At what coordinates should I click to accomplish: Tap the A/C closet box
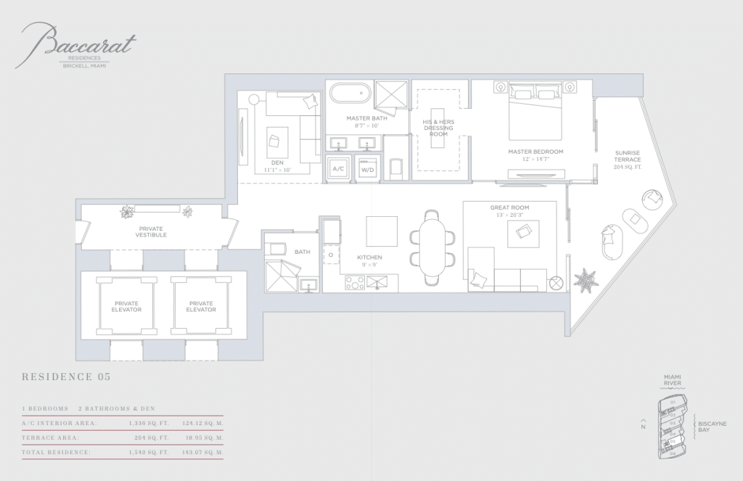tap(338, 168)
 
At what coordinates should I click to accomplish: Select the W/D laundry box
tap(367, 168)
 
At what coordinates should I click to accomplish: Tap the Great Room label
tap(509, 211)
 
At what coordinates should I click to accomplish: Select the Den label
tap(277, 166)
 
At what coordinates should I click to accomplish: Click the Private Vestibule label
tap(151, 231)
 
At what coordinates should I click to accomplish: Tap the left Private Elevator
tap(127, 306)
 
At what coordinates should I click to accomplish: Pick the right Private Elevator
tap(201, 306)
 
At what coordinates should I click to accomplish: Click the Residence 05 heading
tap(67, 377)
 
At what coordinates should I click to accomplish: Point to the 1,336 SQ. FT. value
tap(149, 423)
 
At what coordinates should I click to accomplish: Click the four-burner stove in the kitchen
tap(355, 283)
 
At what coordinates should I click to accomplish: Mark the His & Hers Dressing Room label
tap(438, 128)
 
